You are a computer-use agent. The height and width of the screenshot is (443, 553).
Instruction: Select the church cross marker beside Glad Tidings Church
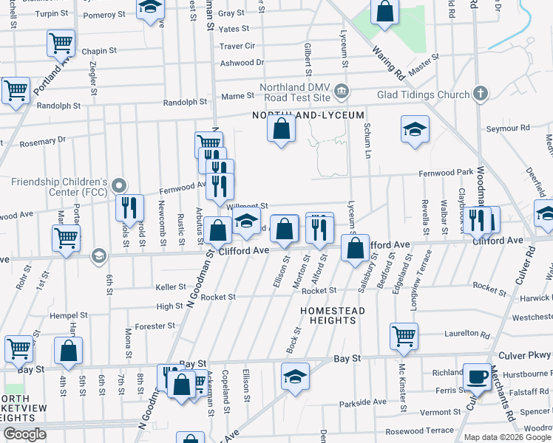point(481,94)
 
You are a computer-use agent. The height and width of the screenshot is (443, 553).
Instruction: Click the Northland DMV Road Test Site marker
point(342,92)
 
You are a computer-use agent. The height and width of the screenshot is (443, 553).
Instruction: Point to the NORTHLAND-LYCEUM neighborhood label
point(308,116)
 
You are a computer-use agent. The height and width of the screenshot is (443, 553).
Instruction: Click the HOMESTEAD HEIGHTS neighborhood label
point(333,315)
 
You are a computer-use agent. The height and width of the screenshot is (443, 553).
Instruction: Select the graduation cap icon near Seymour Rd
point(415,130)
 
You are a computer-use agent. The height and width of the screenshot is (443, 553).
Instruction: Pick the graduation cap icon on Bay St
point(295,377)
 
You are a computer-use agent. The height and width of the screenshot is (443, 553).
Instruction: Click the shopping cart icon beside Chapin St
point(61,43)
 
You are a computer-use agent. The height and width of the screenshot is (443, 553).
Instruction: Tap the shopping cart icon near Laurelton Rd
point(404,337)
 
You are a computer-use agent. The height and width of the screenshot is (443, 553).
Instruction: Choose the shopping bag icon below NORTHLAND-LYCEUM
point(281,130)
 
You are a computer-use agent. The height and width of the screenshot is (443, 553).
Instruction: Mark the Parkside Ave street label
point(363,402)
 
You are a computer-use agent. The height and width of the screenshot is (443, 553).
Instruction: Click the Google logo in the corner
point(24,434)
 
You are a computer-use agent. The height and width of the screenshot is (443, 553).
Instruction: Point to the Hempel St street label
point(68,315)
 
